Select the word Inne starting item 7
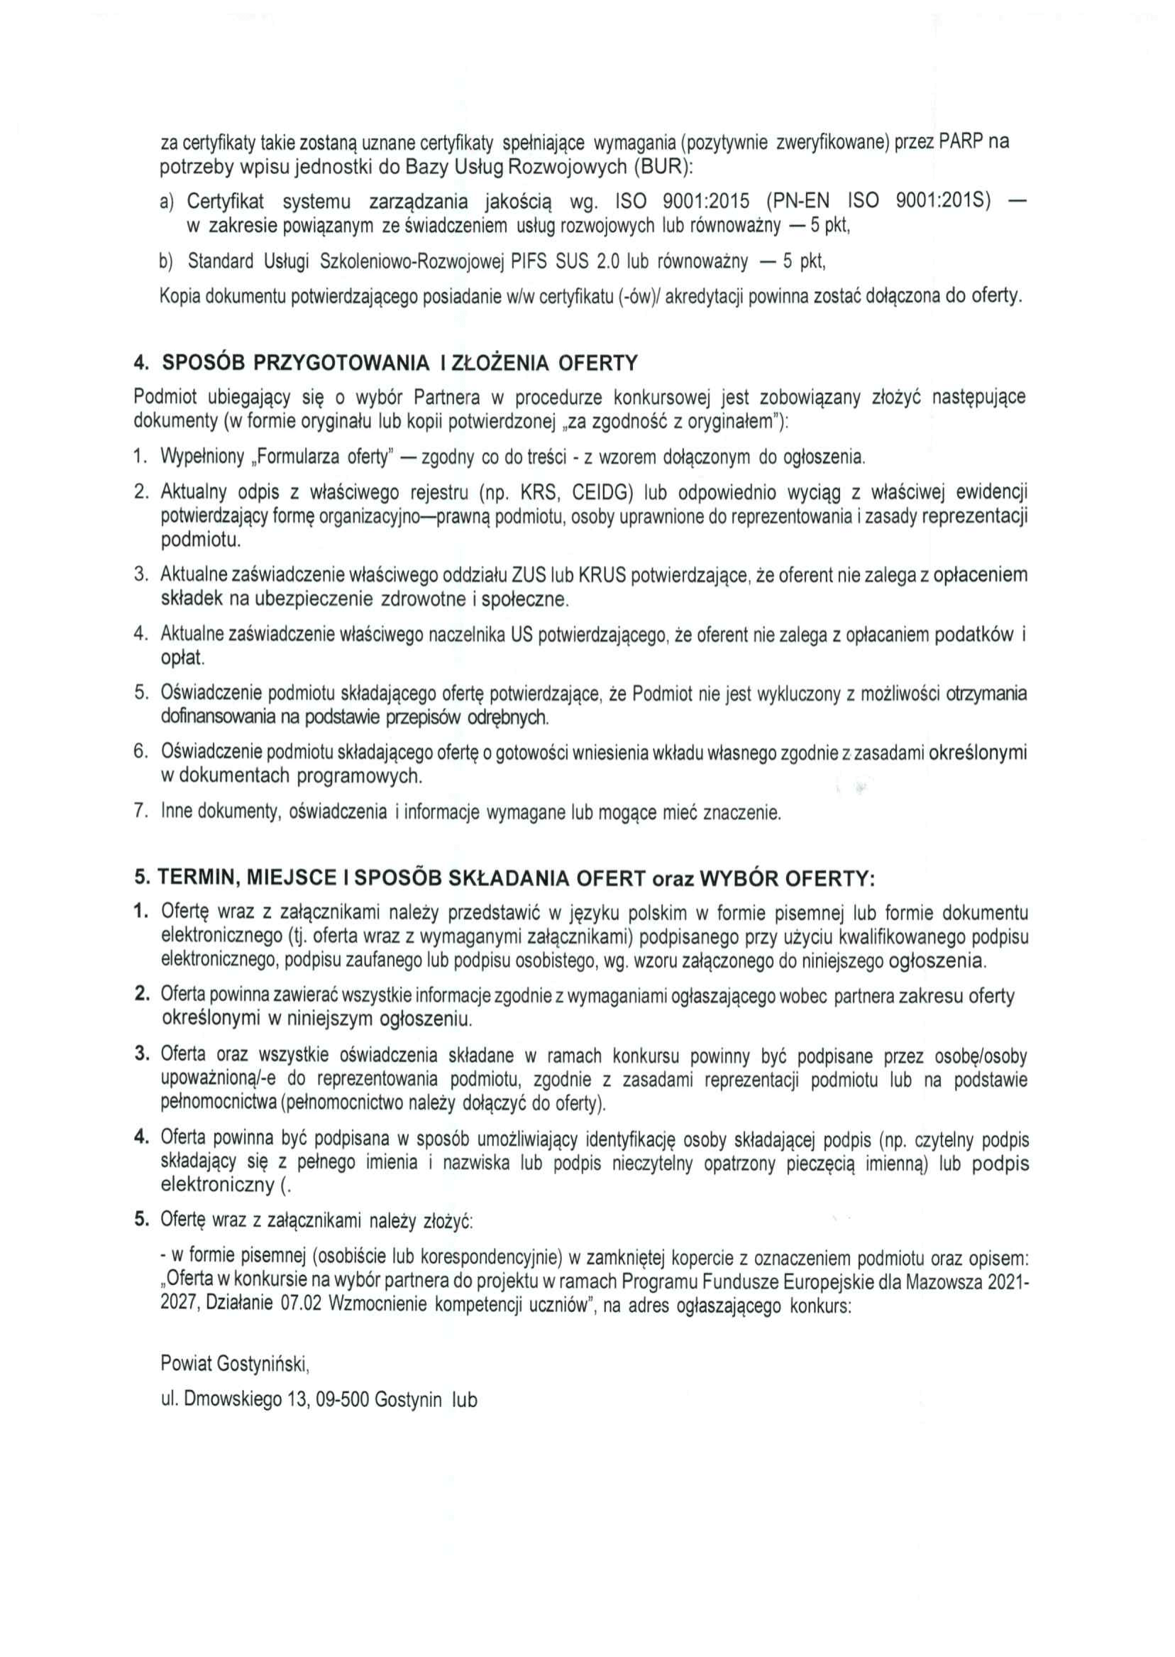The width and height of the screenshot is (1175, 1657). coord(177,812)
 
